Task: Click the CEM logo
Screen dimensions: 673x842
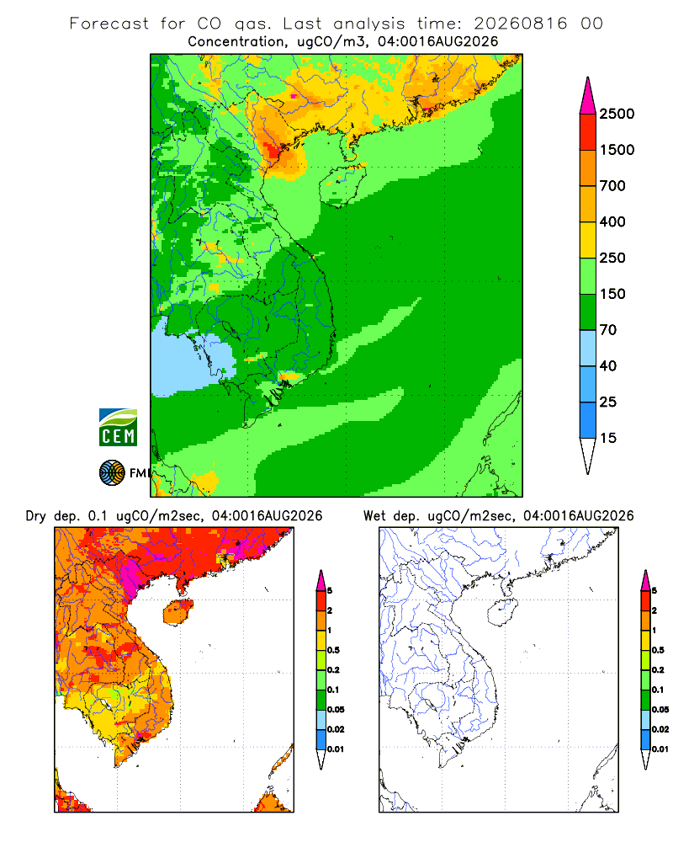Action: (x=118, y=428)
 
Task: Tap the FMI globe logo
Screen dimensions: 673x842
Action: (x=112, y=472)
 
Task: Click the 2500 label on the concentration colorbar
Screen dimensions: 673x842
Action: (x=617, y=114)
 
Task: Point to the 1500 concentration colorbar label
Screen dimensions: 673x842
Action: (x=617, y=150)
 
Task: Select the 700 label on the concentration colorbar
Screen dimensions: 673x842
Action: (x=612, y=186)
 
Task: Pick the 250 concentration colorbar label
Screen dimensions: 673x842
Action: (x=612, y=258)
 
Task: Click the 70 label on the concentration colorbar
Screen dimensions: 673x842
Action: (x=608, y=330)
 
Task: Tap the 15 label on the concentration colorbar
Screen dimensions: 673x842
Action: (x=608, y=438)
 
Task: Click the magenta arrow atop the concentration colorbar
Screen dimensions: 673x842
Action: (x=588, y=97)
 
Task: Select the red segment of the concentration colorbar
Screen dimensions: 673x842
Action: (x=588, y=132)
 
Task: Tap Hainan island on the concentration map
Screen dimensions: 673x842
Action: (x=343, y=186)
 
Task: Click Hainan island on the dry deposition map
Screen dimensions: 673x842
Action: (x=178, y=612)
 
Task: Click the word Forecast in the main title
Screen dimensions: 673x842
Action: (x=109, y=24)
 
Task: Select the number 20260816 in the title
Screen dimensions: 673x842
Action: (x=520, y=24)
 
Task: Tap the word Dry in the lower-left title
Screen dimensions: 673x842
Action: (x=36, y=517)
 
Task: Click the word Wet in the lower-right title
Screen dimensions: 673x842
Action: (x=374, y=516)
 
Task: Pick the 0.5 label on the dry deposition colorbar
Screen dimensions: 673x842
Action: (x=333, y=650)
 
